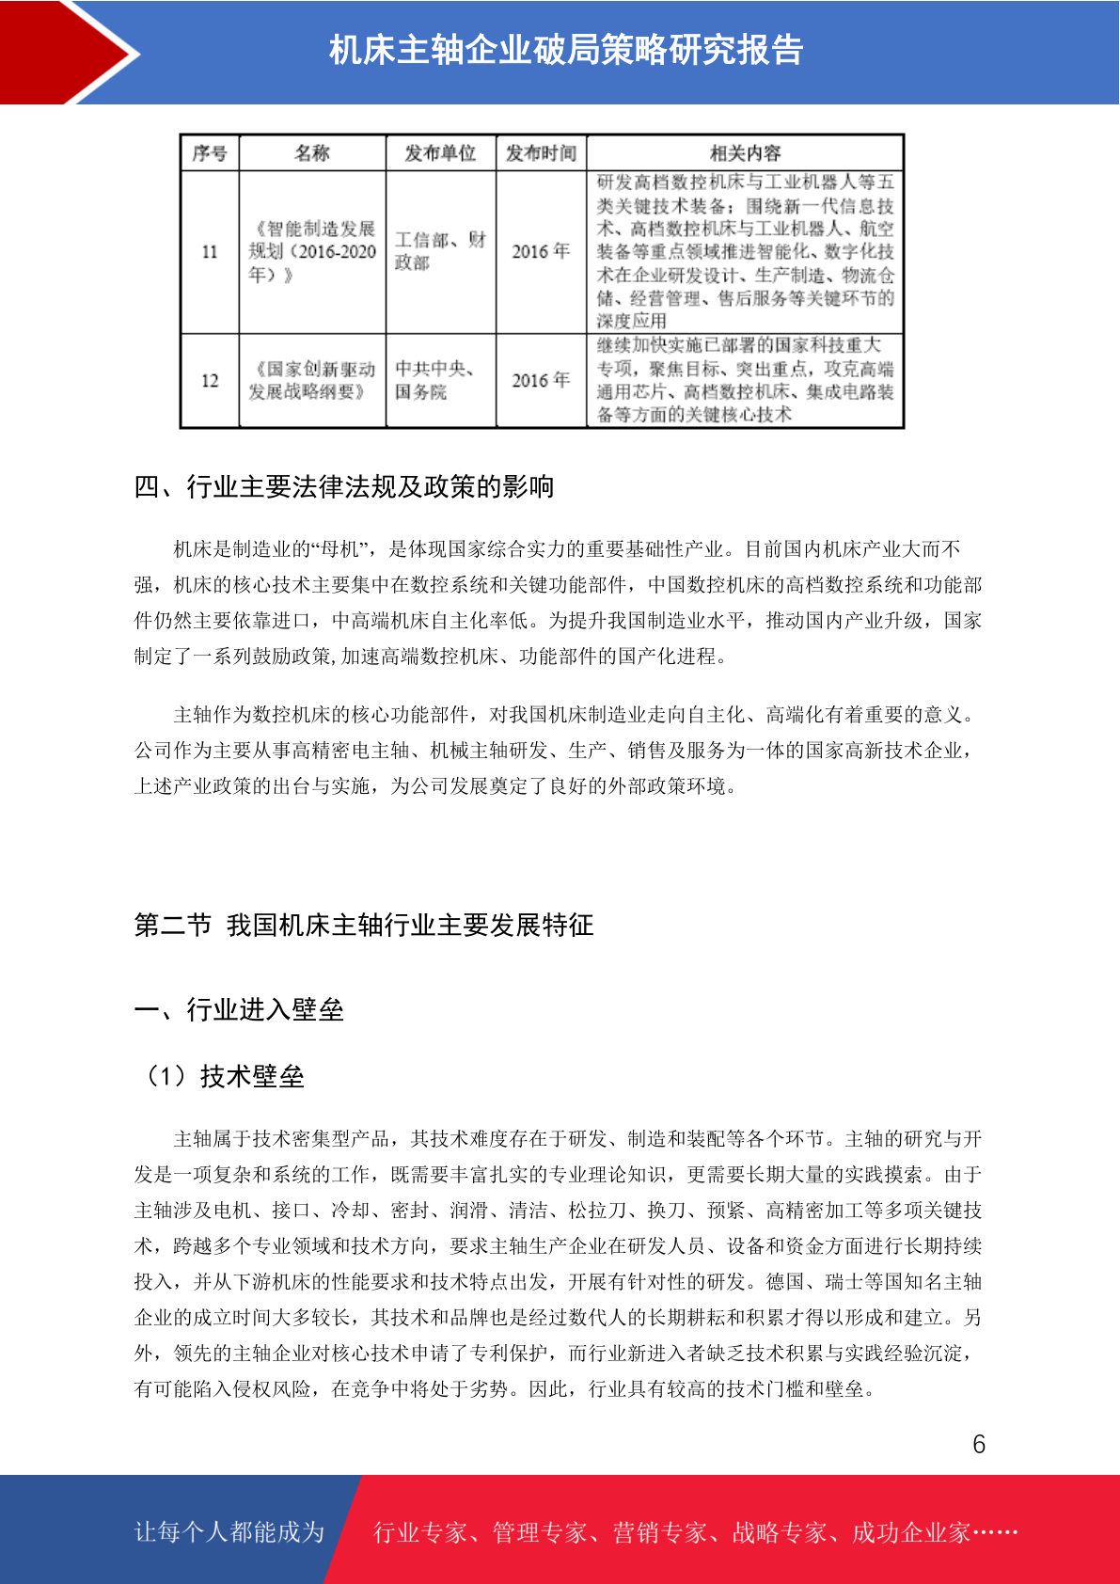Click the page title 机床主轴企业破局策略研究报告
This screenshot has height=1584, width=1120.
565,50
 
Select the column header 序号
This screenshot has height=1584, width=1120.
209,152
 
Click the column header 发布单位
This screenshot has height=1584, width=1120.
440,152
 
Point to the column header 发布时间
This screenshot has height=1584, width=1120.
541,152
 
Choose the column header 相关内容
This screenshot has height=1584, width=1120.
745,152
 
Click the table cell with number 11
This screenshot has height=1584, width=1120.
209,252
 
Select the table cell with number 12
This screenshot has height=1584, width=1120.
209,381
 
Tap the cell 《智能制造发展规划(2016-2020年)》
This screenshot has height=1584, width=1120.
312,252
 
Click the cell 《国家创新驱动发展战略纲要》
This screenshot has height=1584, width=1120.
312,381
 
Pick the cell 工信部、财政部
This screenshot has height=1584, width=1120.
440,252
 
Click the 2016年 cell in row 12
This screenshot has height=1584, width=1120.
541,381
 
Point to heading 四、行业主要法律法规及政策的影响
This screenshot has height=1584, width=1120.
344,487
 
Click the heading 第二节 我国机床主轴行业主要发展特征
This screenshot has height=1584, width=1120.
364,926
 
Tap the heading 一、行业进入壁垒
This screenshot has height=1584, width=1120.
239,1010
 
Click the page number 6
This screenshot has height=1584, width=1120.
979,1445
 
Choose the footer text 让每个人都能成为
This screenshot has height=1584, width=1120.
229,1532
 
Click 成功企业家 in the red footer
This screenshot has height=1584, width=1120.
910,1533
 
